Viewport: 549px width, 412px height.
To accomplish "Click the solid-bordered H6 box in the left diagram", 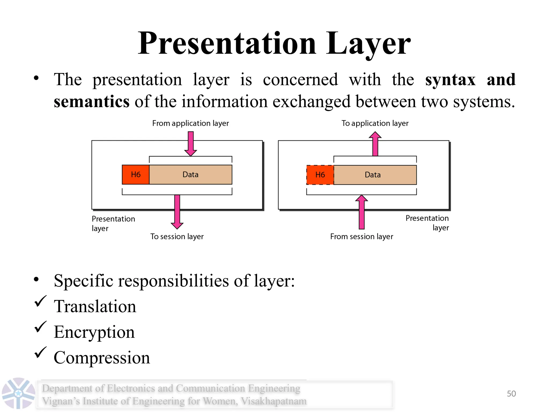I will click(135, 175).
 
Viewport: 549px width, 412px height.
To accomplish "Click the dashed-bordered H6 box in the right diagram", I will click(320, 175).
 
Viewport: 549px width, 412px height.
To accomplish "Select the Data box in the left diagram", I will click(190, 175).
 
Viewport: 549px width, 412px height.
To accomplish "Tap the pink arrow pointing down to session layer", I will click(177, 212).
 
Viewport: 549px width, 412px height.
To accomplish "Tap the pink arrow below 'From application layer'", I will click(191, 144).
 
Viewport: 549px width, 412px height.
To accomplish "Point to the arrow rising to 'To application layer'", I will click(375, 144).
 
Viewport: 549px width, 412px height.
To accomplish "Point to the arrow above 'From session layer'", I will click(362, 212).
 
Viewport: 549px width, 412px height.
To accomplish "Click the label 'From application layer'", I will click(190, 123).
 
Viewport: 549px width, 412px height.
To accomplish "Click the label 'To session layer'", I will click(177, 237).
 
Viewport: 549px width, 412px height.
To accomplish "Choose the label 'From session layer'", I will click(362, 237).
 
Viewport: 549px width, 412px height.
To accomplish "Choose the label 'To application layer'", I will click(375, 123).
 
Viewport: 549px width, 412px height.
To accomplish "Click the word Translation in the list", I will click(95, 306).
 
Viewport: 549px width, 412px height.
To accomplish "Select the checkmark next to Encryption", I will click(40, 327).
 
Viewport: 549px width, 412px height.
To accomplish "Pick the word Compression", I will click(102, 358).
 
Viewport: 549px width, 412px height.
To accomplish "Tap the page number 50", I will click(511, 393).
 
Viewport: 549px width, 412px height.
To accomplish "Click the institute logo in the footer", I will click(18, 393).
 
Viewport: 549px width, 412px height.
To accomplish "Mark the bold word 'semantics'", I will click(92, 102).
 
